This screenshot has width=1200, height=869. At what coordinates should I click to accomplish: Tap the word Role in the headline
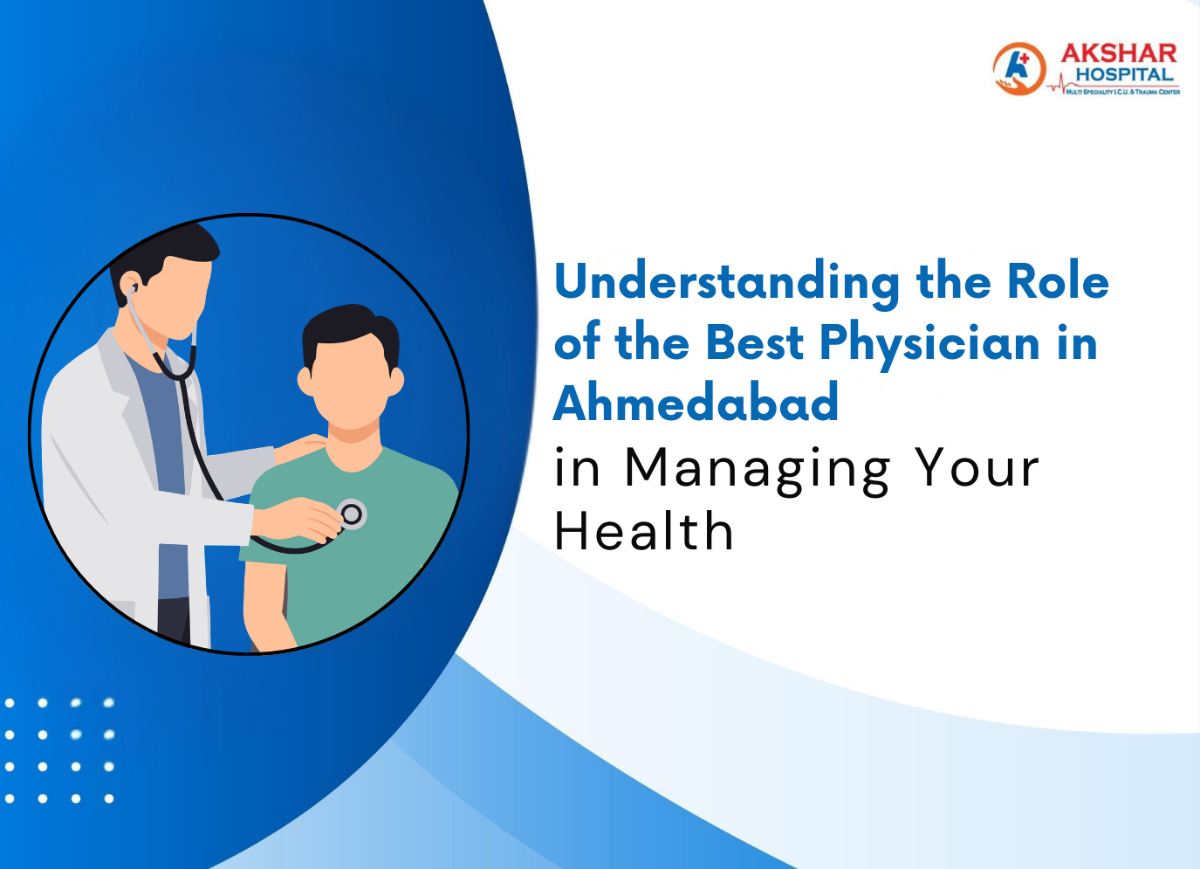[x=1058, y=281]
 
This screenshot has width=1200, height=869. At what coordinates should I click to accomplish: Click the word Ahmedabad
[x=696, y=403]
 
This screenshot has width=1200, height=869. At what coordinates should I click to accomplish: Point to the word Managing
[x=757, y=470]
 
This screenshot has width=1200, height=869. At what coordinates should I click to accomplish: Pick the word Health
[x=644, y=532]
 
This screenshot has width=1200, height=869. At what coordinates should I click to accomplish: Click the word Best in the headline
[x=754, y=342]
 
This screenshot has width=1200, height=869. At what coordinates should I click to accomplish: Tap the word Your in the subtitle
[x=977, y=468]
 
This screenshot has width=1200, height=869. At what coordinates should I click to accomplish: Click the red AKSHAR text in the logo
[x=1119, y=54]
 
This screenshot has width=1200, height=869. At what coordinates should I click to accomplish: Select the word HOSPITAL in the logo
[x=1124, y=75]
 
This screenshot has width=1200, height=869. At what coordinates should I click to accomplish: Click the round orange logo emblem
[x=1018, y=69]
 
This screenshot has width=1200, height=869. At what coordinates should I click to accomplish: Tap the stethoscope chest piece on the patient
[x=352, y=514]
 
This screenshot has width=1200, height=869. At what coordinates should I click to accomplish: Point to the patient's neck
[x=353, y=437]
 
